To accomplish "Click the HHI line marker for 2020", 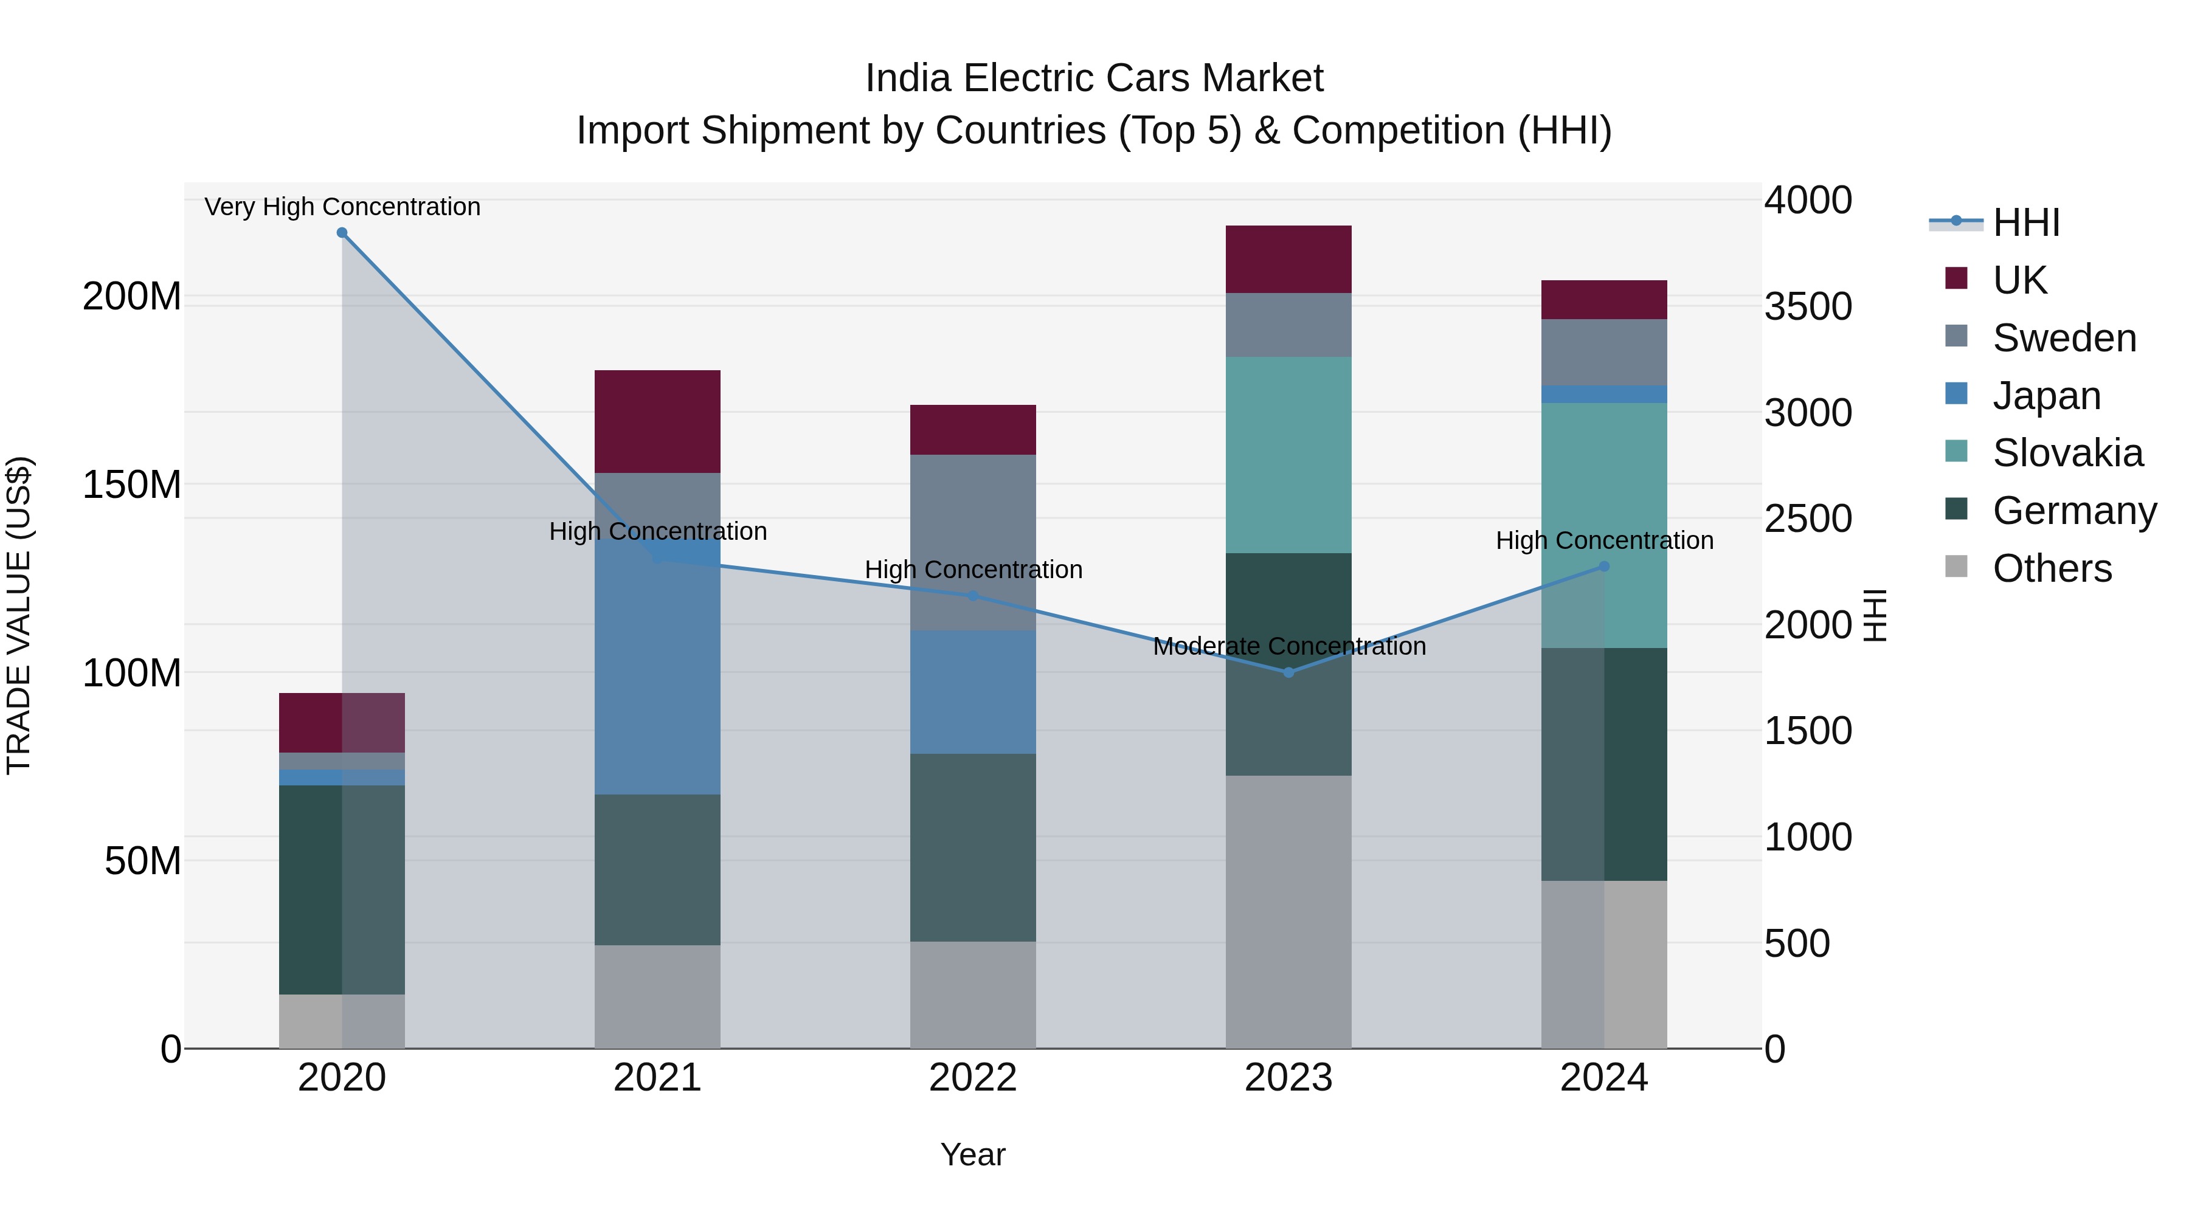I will point(342,233).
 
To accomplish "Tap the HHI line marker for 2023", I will point(1288,672).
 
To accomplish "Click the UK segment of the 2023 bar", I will point(1288,259).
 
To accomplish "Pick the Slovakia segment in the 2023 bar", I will point(1288,455).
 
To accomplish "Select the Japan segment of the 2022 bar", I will point(973,692).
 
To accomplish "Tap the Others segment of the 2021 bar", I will point(657,996).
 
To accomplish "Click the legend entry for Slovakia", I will point(2067,453).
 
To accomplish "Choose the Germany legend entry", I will point(2073,511).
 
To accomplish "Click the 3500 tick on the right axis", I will point(1808,307).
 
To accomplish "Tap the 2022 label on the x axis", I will point(973,1078).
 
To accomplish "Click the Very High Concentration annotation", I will point(342,207).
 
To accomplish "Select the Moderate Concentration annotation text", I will point(1288,647).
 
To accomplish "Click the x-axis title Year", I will point(973,1154).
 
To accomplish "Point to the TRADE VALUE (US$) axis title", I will point(19,615).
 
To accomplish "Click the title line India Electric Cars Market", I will point(1094,78).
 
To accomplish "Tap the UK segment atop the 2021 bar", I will point(657,421).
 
